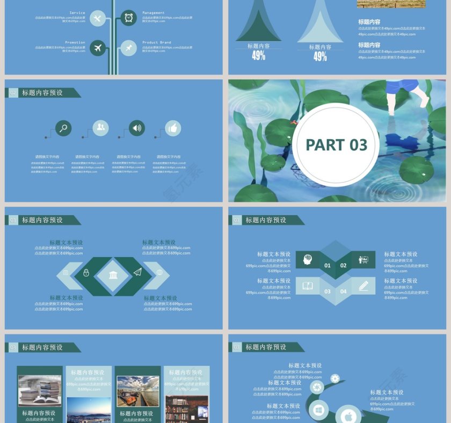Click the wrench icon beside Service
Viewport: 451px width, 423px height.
97,19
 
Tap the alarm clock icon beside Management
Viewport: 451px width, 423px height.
129,18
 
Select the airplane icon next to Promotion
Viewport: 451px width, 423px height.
97,48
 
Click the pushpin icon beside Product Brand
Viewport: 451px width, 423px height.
129,48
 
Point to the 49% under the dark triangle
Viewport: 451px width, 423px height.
259,55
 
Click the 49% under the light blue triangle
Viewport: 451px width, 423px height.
320,56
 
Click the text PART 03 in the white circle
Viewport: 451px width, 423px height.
337,145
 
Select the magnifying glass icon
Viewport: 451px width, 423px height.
63,128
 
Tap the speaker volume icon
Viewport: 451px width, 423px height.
137,128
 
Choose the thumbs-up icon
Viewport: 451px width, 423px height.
173,128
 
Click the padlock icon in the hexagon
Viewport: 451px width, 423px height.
86,273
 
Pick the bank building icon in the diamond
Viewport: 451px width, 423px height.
113,275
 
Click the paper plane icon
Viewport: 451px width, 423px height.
137,272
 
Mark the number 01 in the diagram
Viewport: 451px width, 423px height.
328,265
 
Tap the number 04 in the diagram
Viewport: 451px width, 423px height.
344,291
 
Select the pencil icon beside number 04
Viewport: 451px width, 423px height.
363,286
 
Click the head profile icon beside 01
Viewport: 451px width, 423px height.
308,259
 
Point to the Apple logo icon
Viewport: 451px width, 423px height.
348,415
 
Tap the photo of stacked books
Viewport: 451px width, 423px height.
40,390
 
